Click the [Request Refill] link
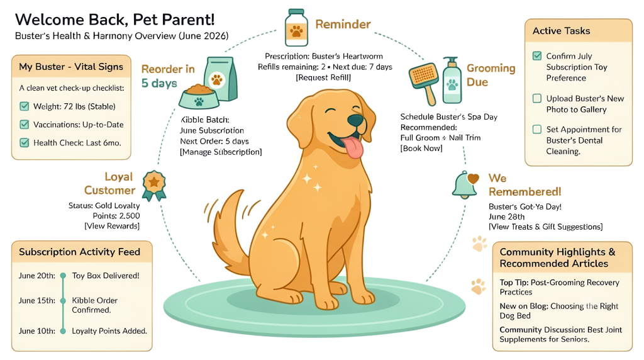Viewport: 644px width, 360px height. coord(323,77)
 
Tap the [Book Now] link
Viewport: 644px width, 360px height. coord(421,149)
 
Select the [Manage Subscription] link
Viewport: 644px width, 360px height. coord(221,152)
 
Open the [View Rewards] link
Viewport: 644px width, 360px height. coord(112,226)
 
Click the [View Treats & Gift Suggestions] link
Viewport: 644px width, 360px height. coord(545,227)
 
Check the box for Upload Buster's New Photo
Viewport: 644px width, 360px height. coord(537,98)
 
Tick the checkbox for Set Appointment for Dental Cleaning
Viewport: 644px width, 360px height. coord(537,130)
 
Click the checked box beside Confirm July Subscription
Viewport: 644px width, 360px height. coord(537,56)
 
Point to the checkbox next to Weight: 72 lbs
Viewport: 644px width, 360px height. coord(25,106)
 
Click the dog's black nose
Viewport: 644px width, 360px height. coord(355,120)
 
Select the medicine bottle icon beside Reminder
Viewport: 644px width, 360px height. coord(297,28)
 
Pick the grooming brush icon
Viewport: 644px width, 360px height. coord(424,82)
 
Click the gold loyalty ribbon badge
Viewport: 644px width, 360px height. coord(154,186)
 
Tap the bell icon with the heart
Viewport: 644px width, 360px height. coord(465,184)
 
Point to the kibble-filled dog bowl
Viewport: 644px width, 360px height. coord(199,97)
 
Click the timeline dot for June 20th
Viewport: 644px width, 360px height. coord(63,276)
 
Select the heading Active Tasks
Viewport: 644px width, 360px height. coord(561,31)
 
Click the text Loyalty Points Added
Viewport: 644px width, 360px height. coord(109,331)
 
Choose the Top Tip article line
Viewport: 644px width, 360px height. coord(559,287)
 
